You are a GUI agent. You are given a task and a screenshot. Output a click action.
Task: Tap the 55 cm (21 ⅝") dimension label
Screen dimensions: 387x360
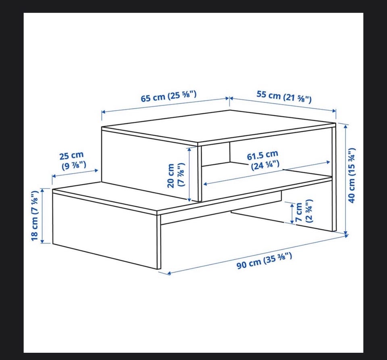point(284,96)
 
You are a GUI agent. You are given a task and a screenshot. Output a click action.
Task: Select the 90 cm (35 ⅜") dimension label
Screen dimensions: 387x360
point(264,261)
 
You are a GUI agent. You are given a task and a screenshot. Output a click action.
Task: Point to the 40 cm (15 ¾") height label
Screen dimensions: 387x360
point(352,175)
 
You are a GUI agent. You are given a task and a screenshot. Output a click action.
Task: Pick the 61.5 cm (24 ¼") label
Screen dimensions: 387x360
point(264,160)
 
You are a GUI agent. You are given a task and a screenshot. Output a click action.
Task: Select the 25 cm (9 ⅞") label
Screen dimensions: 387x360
point(73,161)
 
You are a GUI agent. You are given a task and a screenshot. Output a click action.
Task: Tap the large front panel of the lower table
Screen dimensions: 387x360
point(105,230)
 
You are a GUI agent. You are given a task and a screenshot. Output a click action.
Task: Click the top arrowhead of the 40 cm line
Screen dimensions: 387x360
point(346,126)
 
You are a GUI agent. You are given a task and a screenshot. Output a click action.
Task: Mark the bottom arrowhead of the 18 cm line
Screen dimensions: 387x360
point(42,241)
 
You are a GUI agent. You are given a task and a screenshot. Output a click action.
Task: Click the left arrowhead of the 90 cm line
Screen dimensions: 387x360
point(169,273)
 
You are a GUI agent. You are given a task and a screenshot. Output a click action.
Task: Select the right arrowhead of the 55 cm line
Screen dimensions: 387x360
point(334,111)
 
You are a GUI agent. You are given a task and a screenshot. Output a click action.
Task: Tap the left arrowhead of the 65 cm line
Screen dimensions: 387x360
point(104,112)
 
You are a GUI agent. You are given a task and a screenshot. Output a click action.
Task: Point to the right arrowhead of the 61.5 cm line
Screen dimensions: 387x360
point(328,162)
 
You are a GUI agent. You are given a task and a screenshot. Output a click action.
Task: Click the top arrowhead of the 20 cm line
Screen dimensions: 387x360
point(189,149)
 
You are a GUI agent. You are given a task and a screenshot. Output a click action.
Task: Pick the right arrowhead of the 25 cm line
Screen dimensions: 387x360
point(96,170)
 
